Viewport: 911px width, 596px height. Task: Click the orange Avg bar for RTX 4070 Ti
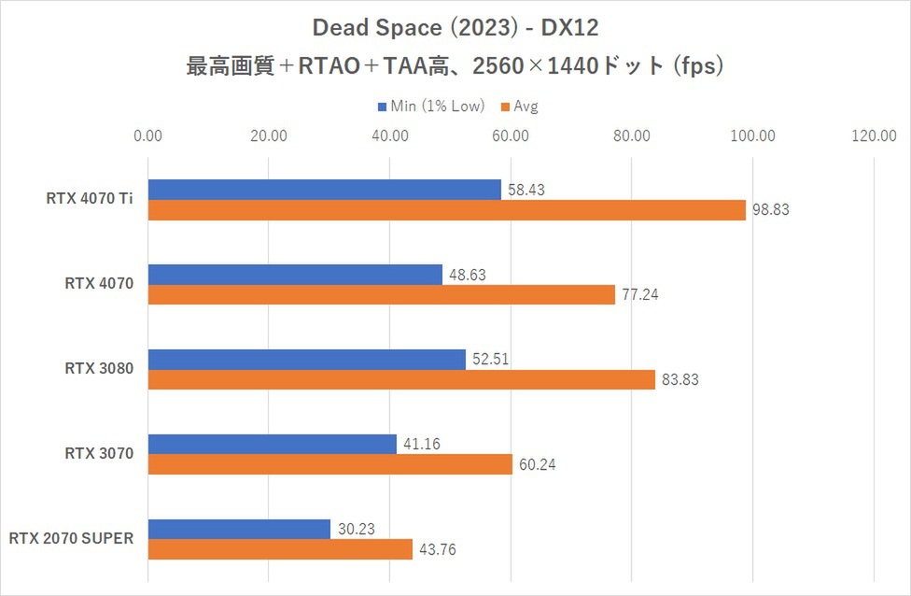coord(446,210)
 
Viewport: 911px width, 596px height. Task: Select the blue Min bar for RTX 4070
coord(295,275)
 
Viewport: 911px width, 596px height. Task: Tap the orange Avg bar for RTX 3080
coord(401,380)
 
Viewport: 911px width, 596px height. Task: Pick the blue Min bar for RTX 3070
coord(273,445)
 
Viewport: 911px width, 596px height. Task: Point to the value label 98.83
coord(771,210)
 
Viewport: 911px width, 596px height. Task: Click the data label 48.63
coord(469,275)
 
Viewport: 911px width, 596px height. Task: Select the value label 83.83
coord(680,380)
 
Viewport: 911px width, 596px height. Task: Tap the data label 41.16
coord(423,445)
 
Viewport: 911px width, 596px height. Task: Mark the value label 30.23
coord(357,529)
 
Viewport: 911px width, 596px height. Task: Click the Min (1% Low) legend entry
coord(432,106)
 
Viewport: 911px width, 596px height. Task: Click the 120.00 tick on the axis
coord(874,136)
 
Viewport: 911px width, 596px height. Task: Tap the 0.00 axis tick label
coord(148,136)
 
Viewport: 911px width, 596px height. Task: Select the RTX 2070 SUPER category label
coord(72,538)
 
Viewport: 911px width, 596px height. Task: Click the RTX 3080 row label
coord(99,369)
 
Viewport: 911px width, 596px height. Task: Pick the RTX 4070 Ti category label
coord(90,199)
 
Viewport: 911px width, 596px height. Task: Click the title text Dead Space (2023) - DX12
coord(455,30)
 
